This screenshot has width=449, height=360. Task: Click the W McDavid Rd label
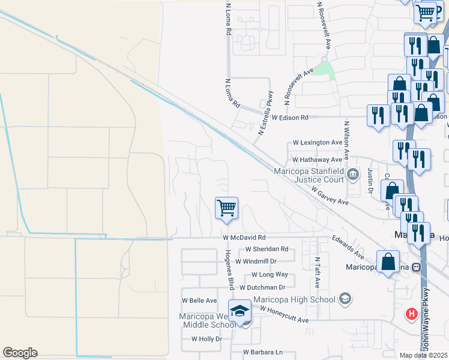tap(243, 238)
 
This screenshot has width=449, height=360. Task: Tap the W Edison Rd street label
tap(289, 118)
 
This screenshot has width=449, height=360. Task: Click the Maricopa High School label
tap(294, 299)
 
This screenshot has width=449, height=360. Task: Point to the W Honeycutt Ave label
tap(283, 320)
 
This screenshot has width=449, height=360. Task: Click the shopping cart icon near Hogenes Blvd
tap(227, 208)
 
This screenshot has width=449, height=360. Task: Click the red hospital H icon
tap(412, 313)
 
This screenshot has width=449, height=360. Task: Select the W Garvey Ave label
tap(330, 196)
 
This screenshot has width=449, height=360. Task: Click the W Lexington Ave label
tap(318, 143)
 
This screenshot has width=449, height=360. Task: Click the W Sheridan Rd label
tap(267, 249)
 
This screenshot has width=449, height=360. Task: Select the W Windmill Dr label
tap(256, 261)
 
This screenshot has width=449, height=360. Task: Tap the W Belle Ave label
tap(200, 300)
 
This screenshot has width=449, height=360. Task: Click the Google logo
tap(20, 353)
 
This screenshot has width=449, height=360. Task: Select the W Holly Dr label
tap(206, 339)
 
